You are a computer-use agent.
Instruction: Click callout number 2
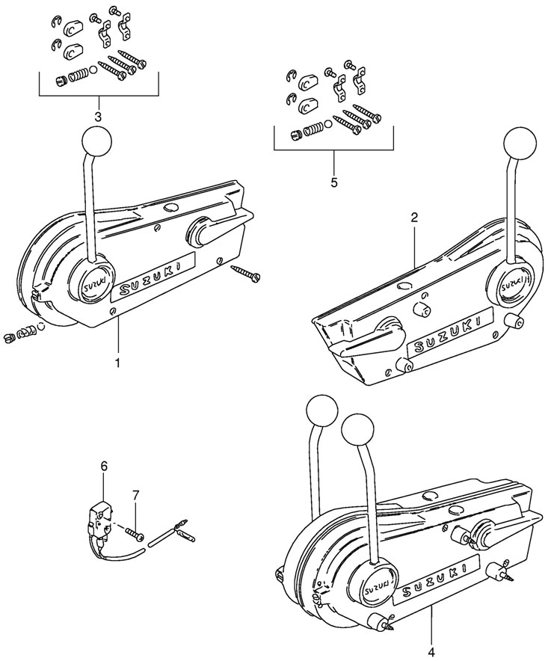pyautogui.click(x=414, y=218)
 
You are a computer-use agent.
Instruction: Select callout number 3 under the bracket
pyautogui.click(x=98, y=117)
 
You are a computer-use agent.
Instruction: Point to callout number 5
pyautogui.click(x=333, y=181)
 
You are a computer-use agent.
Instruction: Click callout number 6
pyautogui.click(x=104, y=466)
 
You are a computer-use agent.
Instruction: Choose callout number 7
pyautogui.click(x=135, y=495)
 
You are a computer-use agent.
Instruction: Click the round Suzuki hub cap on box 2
pyautogui.click(x=510, y=286)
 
